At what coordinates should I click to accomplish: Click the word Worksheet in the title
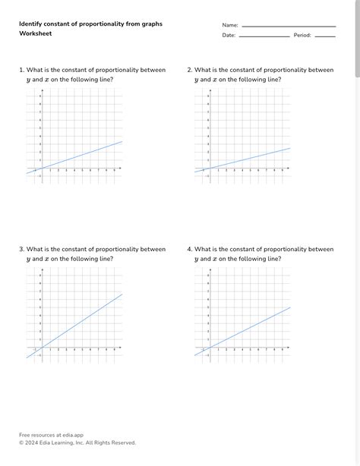coord(36,34)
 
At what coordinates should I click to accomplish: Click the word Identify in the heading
coord(32,24)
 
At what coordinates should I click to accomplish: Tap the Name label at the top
coord(229,25)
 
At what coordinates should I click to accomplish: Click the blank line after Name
coord(289,27)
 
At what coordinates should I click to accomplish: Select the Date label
coord(229,35)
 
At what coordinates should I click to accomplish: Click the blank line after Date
coord(264,36)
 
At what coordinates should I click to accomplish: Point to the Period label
coord(302,35)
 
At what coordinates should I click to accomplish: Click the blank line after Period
coord(325,36)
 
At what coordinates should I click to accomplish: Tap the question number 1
coord(21,70)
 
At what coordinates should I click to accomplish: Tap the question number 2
coord(189,70)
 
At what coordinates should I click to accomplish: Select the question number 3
coord(21,249)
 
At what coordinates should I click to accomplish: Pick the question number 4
coord(189,249)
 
